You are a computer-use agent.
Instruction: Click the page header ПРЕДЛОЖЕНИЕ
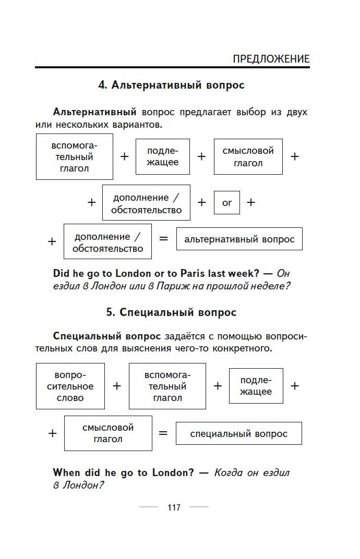point(271,59)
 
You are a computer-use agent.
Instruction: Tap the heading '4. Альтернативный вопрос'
point(171,85)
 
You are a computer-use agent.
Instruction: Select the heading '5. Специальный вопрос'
point(171,312)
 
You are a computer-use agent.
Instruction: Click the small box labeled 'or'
point(227,203)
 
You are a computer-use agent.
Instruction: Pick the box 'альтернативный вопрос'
point(239,239)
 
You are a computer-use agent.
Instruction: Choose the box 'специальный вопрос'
point(238,434)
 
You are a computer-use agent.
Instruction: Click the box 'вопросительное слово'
point(70,386)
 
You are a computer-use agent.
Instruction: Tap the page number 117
point(174,507)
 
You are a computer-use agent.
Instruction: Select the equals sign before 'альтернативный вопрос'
point(164,239)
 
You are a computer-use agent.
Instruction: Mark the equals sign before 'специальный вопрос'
point(163,433)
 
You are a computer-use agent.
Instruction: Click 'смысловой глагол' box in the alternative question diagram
point(248,156)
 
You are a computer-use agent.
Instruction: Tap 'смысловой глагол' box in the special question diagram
point(108,433)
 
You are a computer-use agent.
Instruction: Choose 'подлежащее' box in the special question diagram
point(256,386)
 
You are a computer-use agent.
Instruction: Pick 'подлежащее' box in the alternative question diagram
point(163,156)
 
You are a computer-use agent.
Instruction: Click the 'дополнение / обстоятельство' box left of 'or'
point(146,203)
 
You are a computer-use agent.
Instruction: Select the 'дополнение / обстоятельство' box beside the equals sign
point(107,241)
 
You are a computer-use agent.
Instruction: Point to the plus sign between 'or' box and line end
point(251,203)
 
